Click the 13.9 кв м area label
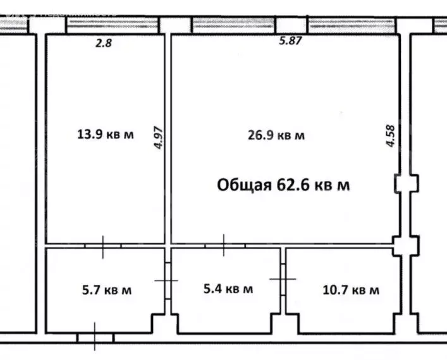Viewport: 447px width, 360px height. click(x=105, y=135)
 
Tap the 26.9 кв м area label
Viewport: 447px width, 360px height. click(x=276, y=135)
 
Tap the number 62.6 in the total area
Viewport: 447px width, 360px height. click(x=291, y=184)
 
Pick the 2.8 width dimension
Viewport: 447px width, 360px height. click(x=103, y=43)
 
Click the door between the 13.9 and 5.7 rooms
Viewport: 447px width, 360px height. click(x=104, y=245)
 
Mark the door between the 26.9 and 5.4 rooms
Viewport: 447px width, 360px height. click(x=223, y=245)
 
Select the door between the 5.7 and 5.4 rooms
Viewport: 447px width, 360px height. click(x=167, y=280)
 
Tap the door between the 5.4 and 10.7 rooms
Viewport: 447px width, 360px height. click(x=281, y=279)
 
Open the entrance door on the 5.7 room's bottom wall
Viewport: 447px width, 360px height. click(x=95, y=337)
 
